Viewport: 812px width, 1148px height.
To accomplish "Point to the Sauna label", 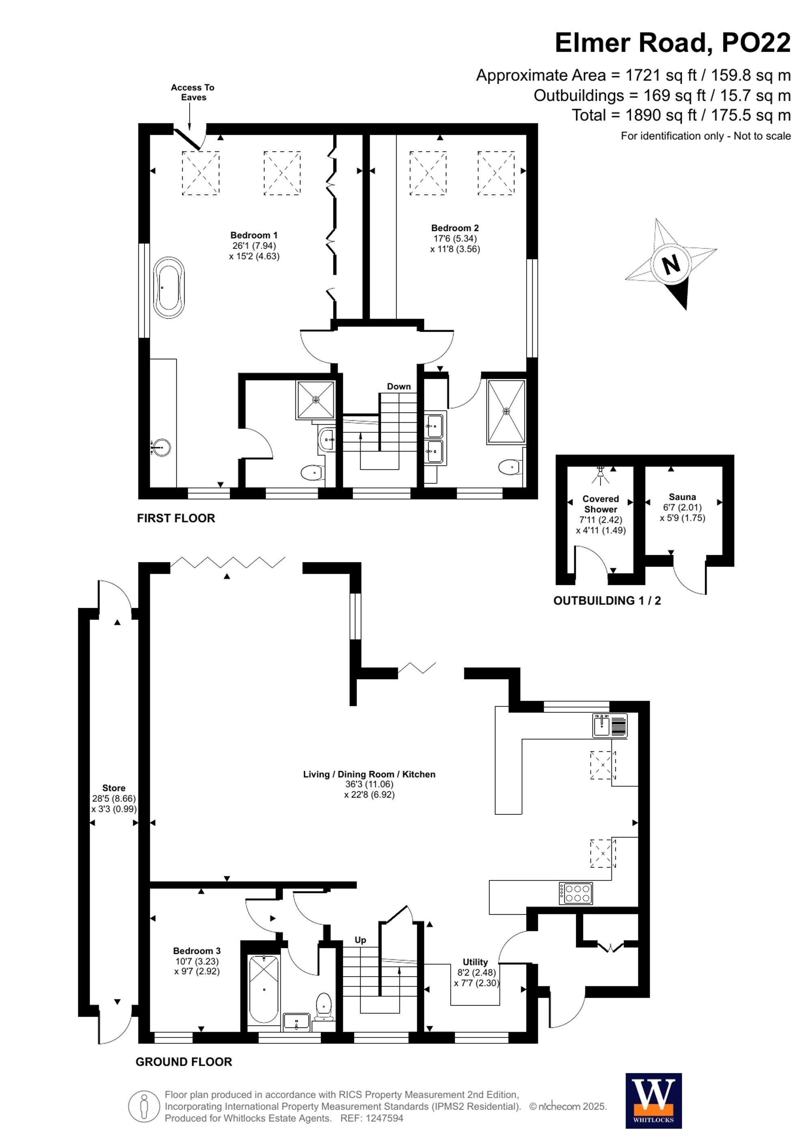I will tap(682, 497).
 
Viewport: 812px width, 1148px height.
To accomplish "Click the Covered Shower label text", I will tap(600, 504).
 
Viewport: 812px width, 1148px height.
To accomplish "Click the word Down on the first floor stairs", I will tap(399, 386).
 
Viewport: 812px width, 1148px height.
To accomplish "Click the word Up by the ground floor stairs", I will tap(360, 940).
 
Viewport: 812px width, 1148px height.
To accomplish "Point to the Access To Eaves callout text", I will tap(192, 93).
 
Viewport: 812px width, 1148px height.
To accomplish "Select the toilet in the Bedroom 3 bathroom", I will tap(324, 1005).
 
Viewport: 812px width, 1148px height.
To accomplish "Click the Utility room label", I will tap(475, 962).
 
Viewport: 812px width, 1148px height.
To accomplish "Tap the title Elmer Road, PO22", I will tap(672, 43).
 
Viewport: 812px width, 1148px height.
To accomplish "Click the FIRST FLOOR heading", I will tap(176, 518).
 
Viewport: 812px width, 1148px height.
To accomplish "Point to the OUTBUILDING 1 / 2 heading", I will tap(607, 601).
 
